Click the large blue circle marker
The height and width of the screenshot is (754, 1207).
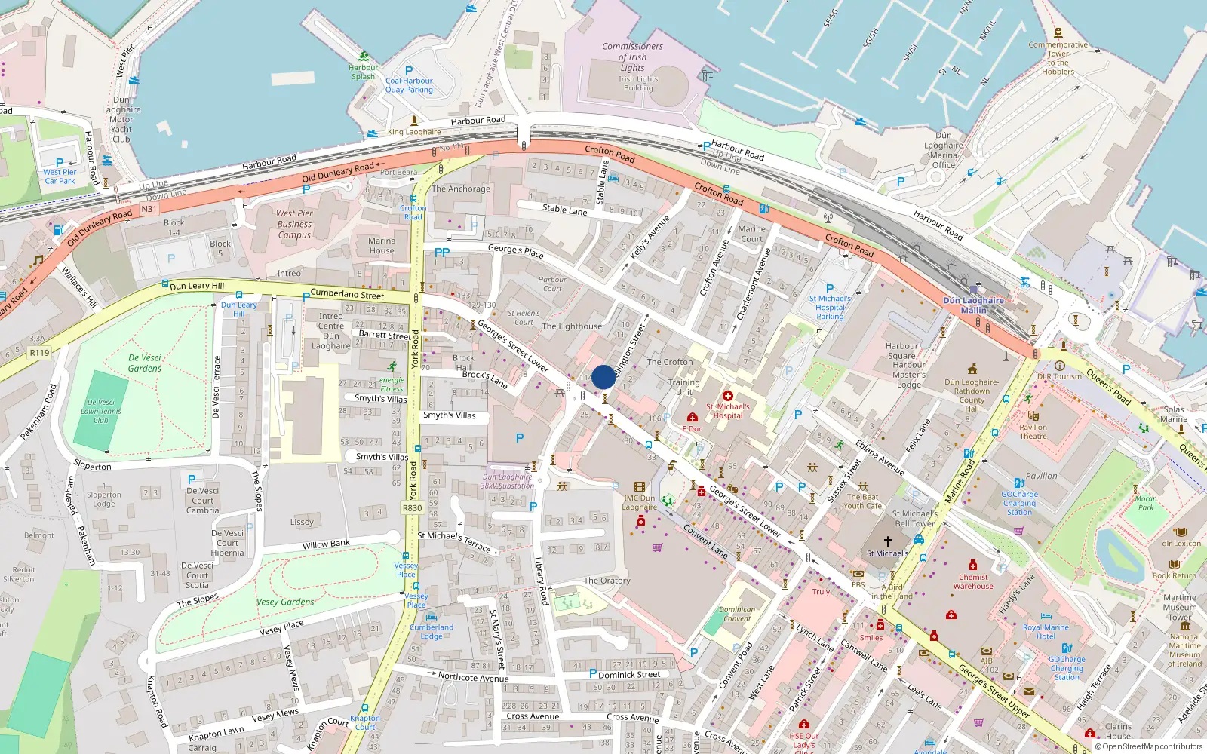tap(603, 377)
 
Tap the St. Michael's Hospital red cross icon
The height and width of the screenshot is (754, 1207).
tap(727, 396)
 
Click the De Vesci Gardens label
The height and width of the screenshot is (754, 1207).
tap(145, 363)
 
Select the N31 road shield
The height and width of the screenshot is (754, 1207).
tap(149, 209)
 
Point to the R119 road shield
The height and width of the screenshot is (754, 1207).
tap(39, 352)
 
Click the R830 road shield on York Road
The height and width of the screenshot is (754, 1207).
tap(413, 508)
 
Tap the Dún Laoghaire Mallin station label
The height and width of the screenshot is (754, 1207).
tap(974, 305)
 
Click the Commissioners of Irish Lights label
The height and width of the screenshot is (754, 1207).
tap(632, 57)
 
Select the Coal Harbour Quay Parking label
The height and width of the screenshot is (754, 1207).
tap(409, 85)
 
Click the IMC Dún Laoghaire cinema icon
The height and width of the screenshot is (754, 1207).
tap(640, 487)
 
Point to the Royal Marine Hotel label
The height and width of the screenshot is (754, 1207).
tap(1046, 631)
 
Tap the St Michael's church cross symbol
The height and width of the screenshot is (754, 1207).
tap(888, 541)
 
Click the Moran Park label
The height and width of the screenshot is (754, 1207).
tap(1146, 503)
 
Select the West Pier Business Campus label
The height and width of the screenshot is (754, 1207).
tap(294, 224)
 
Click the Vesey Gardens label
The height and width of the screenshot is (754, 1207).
tap(285, 602)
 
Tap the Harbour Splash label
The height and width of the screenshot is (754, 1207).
tap(364, 72)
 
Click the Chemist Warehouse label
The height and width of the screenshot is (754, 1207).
tap(973, 581)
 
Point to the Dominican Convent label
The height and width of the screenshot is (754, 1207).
tap(737, 614)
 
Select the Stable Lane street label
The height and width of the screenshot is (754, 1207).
tap(564, 210)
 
